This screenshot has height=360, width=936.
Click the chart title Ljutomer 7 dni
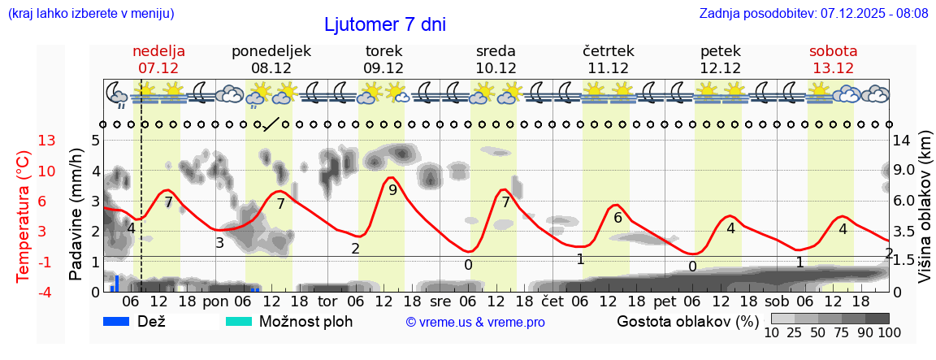(x=385, y=24)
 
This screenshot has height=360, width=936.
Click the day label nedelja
(x=158, y=50)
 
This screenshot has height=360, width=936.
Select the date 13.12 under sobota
(x=833, y=67)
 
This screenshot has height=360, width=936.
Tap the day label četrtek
(x=608, y=50)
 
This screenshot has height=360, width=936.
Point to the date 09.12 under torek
(x=383, y=67)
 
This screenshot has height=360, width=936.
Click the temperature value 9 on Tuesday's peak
(x=392, y=190)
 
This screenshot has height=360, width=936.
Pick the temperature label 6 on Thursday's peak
(x=617, y=217)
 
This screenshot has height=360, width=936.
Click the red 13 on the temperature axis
(x=24, y=141)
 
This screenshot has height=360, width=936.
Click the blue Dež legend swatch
(x=117, y=321)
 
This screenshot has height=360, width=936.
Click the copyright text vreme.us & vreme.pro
(x=475, y=322)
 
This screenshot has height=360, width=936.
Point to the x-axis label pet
(x=664, y=301)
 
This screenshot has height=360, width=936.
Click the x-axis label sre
(x=440, y=301)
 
